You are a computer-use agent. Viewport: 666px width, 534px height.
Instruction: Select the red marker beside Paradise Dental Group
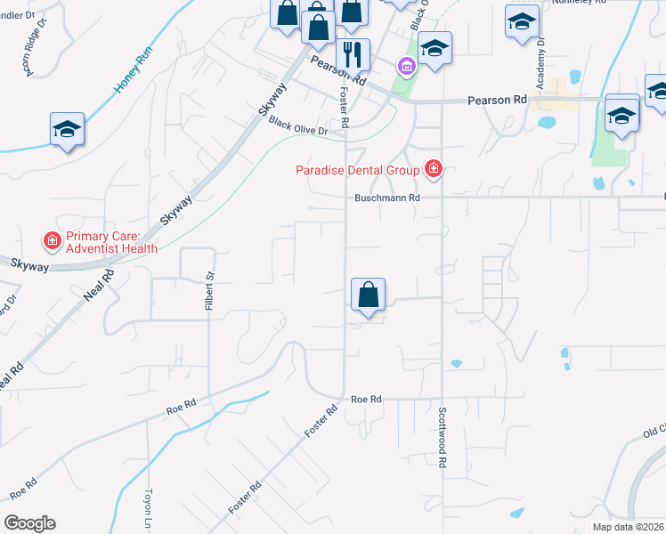tap(434, 169)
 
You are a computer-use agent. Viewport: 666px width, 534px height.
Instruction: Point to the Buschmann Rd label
tap(386, 198)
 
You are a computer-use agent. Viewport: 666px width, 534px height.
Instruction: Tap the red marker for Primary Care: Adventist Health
tap(53, 240)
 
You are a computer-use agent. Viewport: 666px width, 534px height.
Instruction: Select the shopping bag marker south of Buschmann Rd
tap(368, 295)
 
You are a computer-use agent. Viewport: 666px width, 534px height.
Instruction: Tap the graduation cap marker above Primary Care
tap(67, 129)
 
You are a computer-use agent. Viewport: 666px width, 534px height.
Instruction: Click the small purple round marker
tap(405, 66)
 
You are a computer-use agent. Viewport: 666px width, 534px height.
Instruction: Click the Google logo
tap(29, 523)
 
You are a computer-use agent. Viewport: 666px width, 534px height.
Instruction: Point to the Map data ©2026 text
tap(628, 527)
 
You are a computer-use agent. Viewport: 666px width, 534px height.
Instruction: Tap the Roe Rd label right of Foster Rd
tap(366, 400)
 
